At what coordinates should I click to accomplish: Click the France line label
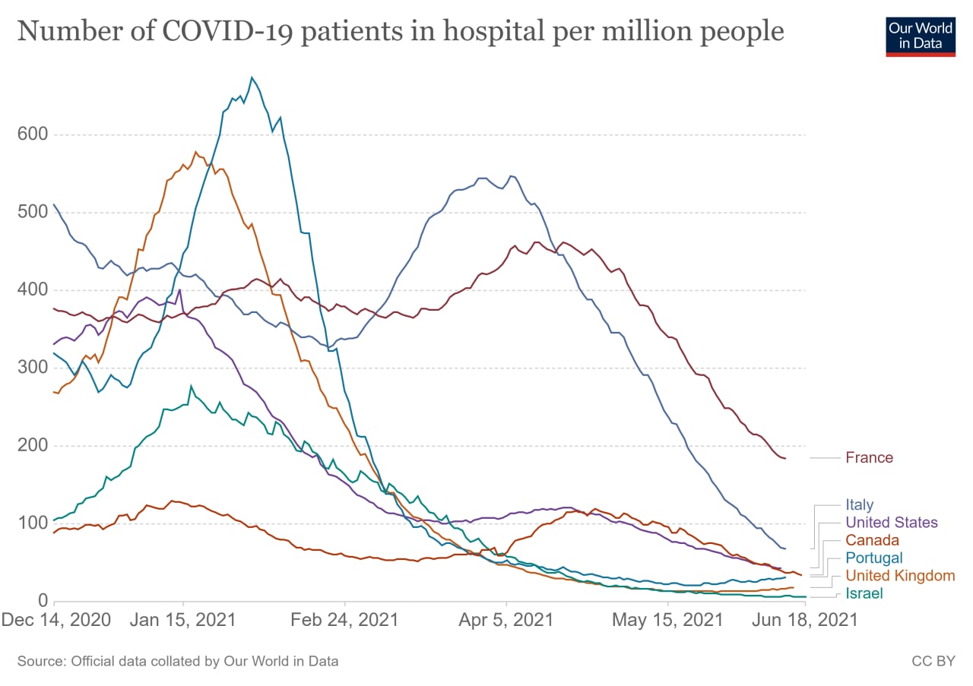pyautogui.click(x=869, y=457)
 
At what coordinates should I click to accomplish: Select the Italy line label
pyautogui.click(x=859, y=504)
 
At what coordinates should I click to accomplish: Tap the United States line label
pyautogui.click(x=891, y=523)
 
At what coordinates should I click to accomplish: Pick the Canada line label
pyautogui.click(x=872, y=540)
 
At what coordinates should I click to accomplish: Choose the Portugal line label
pyautogui.click(x=873, y=558)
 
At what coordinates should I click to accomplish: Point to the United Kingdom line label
pyautogui.click(x=900, y=576)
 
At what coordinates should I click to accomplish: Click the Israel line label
pyautogui.click(x=864, y=593)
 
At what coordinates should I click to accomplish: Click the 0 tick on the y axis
pyautogui.click(x=43, y=600)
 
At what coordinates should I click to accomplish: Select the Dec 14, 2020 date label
pyautogui.click(x=56, y=619)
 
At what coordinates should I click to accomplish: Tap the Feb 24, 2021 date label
pyautogui.click(x=344, y=619)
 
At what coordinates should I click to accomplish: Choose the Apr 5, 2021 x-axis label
pyautogui.click(x=506, y=619)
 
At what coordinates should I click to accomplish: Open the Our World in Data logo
pyautogui.click(x=920, y=35)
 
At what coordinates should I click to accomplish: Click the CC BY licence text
pyautogui.click(x=933, y=661)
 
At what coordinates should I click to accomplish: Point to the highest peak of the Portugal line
pyautogui.click(x=252, y=77)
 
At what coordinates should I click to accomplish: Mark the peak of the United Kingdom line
pyautogui.click(x=196, y=152)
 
